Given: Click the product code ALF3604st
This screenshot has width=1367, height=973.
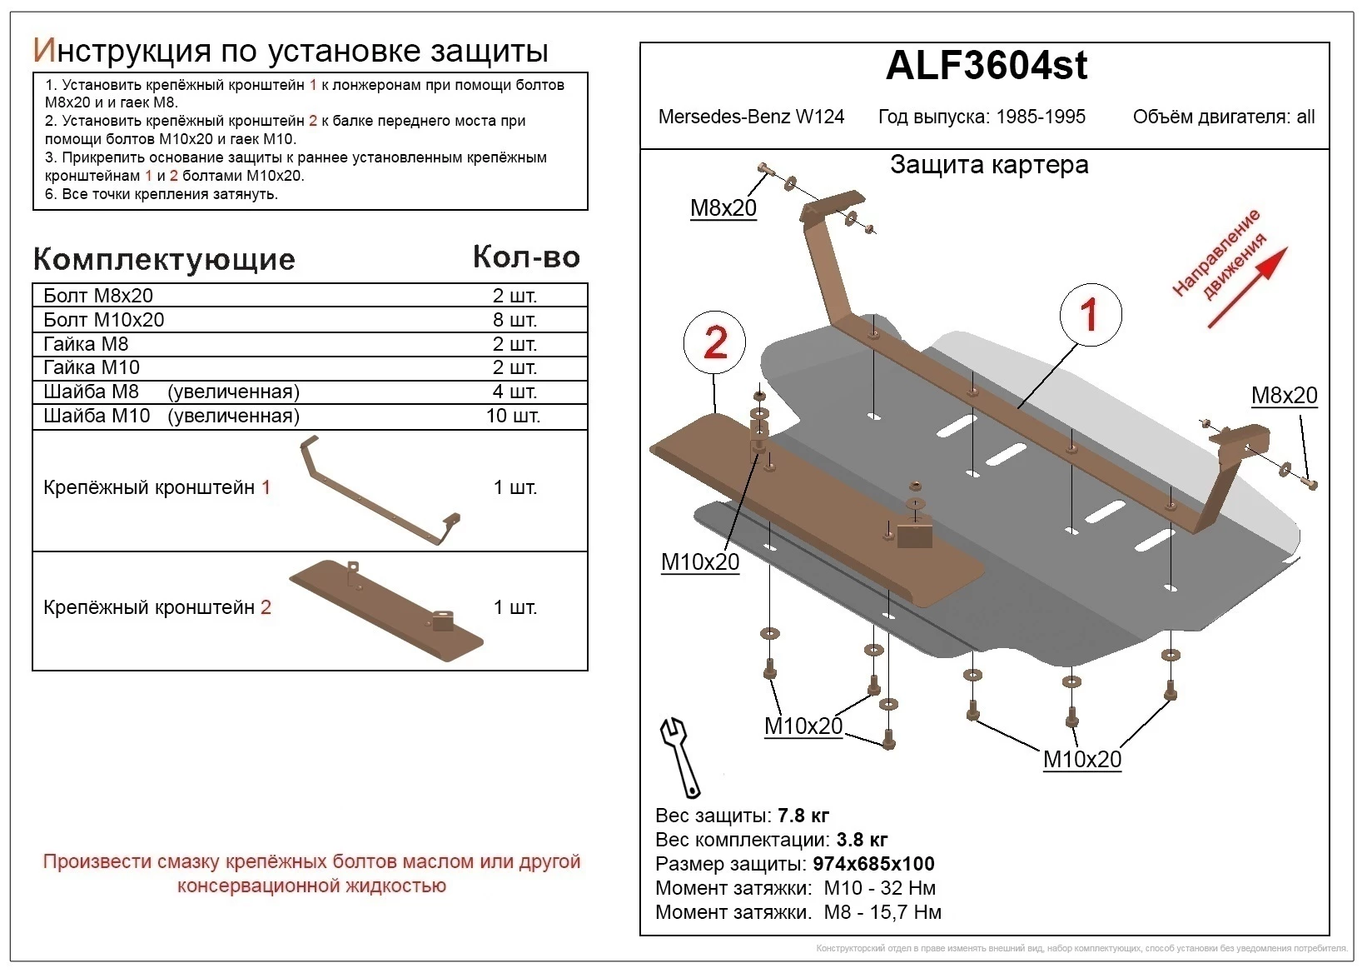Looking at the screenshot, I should point(986,66).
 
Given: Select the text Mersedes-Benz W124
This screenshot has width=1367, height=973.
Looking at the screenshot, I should point(751,117).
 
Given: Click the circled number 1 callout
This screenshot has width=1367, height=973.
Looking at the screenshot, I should point(1090,315).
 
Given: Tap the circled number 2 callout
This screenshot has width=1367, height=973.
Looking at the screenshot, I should point(714,342).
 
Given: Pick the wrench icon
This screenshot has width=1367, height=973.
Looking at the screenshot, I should point(679,756).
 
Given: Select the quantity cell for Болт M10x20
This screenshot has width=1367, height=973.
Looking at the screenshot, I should point(514,320).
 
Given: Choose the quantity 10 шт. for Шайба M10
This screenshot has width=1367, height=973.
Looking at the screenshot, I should point(513,416).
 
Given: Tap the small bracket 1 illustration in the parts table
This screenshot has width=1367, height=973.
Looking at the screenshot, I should point(379,492).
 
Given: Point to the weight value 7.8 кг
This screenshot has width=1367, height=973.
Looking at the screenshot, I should point(803,816).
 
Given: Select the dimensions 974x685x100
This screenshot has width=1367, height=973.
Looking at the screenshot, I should point(873,864).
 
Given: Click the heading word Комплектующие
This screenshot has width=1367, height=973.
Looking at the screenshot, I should point(164,259).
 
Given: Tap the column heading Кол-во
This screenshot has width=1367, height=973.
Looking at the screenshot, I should point(526,257).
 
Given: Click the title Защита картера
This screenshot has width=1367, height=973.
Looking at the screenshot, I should point(989,165).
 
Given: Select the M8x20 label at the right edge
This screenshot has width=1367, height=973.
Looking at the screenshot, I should point(1284,396).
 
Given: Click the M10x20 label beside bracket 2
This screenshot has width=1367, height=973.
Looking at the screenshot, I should point(700,562).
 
